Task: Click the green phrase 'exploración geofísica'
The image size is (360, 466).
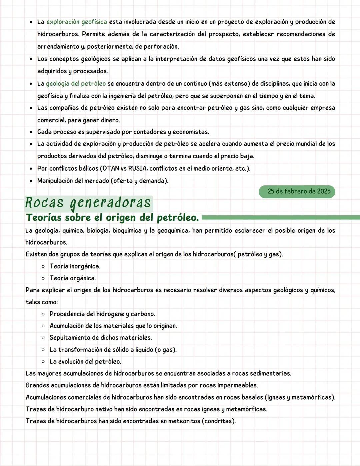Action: point(76,22)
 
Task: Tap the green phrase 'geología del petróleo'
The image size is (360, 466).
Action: point(76,84)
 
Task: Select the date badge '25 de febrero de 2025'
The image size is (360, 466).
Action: point(297,191)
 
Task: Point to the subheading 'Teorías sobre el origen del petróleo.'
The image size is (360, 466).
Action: point(112,218)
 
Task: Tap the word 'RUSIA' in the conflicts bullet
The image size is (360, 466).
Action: point(138,168)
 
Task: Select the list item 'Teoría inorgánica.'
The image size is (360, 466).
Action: point(75,266)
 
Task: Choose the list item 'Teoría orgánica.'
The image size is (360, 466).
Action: point(72,278)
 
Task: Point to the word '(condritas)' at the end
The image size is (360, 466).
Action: point(219,421)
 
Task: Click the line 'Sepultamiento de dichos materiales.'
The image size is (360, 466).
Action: point(100,338)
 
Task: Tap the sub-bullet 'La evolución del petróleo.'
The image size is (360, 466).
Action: point(85,362)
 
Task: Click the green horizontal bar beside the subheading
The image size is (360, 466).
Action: point(280,218)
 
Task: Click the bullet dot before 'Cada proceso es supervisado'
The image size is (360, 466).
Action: point(31,132)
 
